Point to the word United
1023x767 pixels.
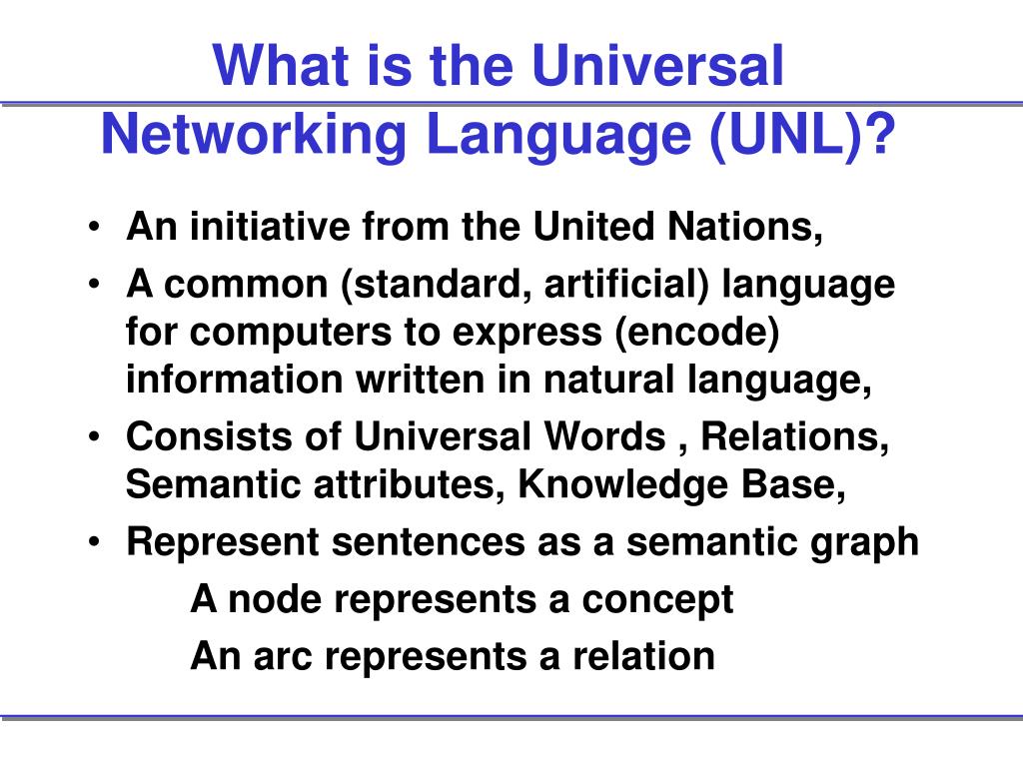[x=589, y=229]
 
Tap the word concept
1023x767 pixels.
[x=658, y=599]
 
